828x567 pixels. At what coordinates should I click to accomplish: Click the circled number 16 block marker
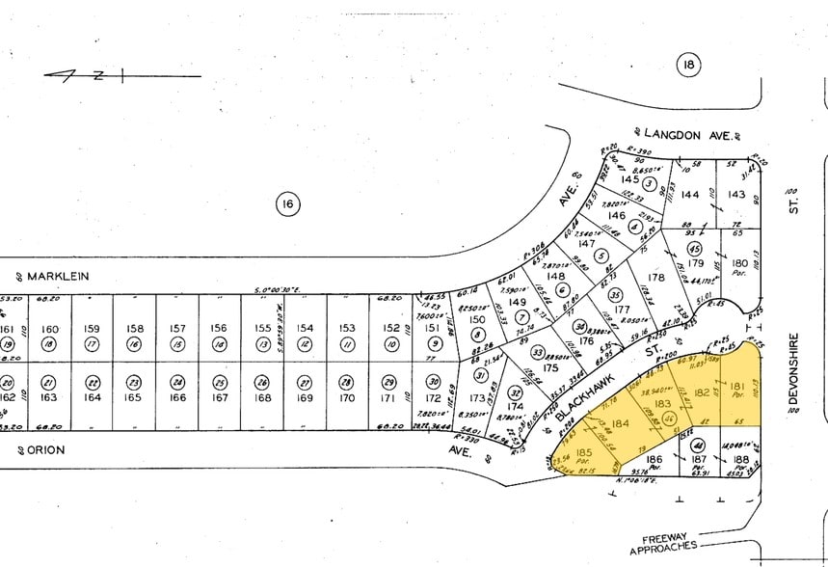287,204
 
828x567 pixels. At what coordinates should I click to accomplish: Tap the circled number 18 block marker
687,66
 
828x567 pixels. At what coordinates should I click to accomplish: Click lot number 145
630,179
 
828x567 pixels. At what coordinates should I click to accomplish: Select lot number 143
736,195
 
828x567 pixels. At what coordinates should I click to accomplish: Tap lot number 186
654,460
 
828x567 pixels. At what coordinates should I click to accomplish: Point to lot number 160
50,329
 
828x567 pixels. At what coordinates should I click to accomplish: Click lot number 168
262,396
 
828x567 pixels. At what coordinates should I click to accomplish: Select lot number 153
348,329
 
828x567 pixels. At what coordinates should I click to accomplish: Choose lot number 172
433,397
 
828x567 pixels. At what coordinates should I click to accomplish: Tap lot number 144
690,195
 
